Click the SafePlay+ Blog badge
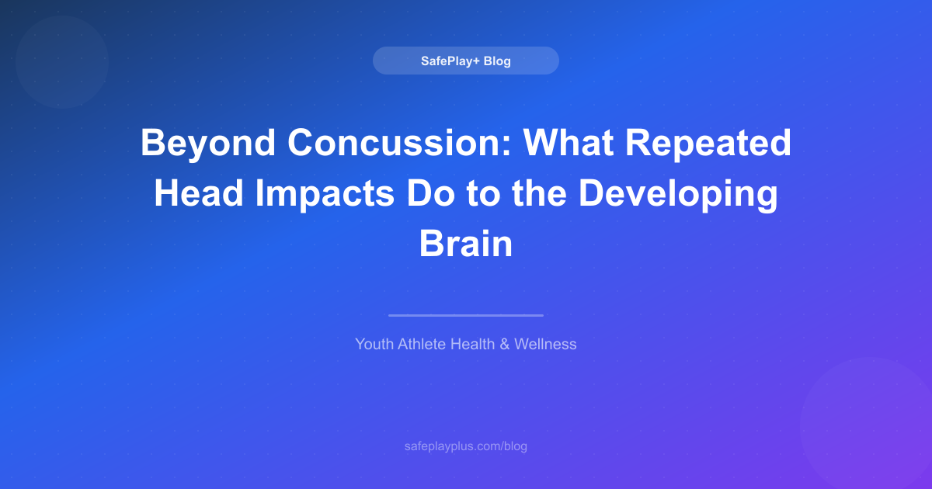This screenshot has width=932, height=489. tap(466, 61)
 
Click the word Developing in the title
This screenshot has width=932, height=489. tap(677, 194)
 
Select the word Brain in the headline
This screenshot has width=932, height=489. tap(466, 244)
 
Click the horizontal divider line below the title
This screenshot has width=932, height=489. tap(466, 315)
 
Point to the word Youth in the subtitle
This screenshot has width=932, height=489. tap(374, 344)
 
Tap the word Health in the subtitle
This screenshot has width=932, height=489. tap(473, 344)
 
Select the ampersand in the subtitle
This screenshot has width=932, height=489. tap(505, 344)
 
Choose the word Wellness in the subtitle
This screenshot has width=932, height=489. tap(545, 344)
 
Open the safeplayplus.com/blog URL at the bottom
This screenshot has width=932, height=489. tap(466, 446)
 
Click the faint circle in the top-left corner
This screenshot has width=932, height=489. tap(61, 61)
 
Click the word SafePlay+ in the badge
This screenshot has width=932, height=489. tap(450, 61)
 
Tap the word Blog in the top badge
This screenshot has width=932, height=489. tap(497, 61)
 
